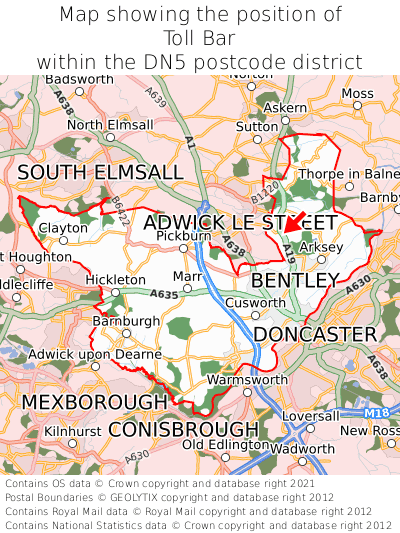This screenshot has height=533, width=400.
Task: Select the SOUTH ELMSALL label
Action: point(100,173)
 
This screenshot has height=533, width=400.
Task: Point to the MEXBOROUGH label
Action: point(94,401)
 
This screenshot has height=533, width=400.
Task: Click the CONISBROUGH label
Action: point(183,429)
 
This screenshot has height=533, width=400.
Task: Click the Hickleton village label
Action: point(115,280)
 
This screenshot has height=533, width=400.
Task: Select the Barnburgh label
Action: point(125,321)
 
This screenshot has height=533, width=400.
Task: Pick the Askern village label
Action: point(286,107)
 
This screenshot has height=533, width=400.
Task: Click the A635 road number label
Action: point(164,295)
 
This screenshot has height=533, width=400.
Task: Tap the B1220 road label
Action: point(265,187)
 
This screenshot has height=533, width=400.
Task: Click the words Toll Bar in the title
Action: point(199,38)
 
